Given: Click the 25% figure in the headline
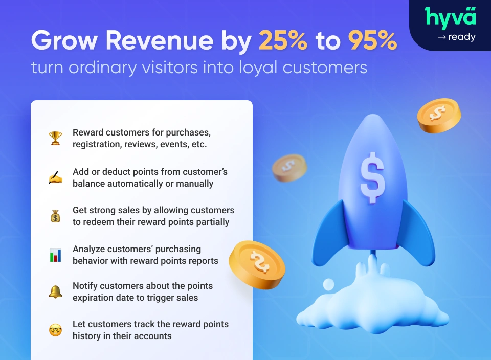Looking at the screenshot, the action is point(283,40).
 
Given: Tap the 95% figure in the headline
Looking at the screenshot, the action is point(373,40).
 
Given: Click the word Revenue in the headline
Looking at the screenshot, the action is point(160,40).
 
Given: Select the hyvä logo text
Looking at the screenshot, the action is point(450,18).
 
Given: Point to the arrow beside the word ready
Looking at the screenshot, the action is point(441,37).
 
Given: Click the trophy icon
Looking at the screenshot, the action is point(55,138).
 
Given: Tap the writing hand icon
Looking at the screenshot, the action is point(55,177).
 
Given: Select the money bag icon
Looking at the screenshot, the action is point(55,216).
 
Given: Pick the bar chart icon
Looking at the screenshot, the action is point(55,255).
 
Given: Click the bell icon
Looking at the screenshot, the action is point(55,292).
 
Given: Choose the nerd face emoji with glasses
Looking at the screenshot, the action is point(55,330).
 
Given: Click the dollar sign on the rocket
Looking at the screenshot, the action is point(372,178).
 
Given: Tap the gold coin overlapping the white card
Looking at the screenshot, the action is point(257,265).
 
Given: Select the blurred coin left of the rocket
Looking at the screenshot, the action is point(289,168).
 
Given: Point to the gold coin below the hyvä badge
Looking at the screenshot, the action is point(439,116).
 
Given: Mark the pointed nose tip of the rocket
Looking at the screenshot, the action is point(373,115).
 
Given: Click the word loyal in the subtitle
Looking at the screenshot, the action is point(258,68).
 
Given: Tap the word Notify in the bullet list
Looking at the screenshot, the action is point(85,286).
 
